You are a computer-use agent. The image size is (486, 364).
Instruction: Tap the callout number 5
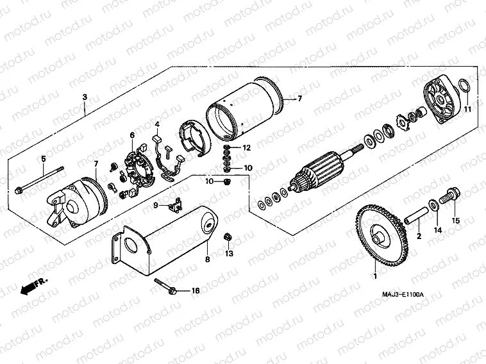click(44, 158)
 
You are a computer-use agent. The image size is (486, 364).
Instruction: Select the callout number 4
click(157, 124)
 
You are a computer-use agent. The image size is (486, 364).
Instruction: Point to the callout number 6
click(132, 135)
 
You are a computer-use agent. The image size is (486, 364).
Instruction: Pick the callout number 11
click(467, 110)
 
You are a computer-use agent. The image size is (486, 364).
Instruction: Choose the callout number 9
click(155, 204)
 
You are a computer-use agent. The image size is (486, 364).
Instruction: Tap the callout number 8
click(207, 260)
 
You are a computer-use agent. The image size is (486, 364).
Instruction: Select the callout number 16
click(196, 290)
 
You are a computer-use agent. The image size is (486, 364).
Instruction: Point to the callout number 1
click(376, 277)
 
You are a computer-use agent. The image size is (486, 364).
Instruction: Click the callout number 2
click(419, 236)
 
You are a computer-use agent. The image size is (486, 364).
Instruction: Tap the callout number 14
click(439, 229)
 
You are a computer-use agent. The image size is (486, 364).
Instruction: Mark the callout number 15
click(457, 221)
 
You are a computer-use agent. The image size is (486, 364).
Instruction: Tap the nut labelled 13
click(228, 238)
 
